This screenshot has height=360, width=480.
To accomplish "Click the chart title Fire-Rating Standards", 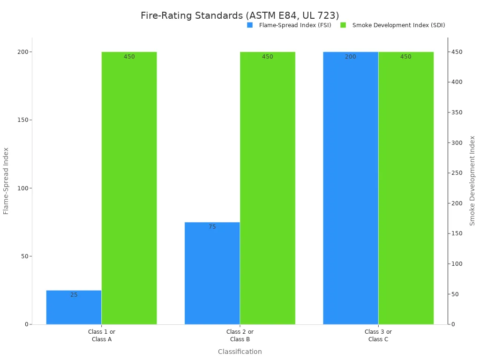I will click(x=240, y=15).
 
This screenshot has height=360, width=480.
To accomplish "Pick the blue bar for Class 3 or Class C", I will click(x=350, y=187).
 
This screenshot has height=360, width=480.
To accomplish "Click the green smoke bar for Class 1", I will click(x=129, y=187).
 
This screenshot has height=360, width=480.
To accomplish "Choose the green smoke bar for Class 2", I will click(x=267, y=187).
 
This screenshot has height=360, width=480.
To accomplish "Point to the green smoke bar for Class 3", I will click(x=406, y=187).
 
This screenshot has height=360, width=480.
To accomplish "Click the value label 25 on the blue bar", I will click(x=74, y=295).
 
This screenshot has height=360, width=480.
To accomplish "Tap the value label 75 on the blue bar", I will click(x=212, y=227).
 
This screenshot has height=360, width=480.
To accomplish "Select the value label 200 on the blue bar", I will click(x=351, y=57).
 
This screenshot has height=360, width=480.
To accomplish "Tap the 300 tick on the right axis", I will click(x=456, y=142).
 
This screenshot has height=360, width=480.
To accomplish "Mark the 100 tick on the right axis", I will click(x=456, y=264).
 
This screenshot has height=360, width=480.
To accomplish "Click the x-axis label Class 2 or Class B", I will click(x=240, y=336).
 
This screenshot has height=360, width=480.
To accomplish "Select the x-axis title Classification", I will click(x=240, y=352).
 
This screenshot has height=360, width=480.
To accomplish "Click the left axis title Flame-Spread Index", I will click(x=6, y=180).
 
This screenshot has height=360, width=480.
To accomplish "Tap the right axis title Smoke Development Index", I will click(x=472, y=180).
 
